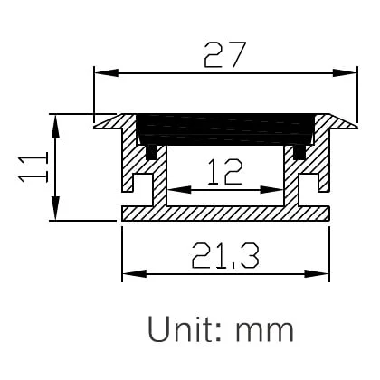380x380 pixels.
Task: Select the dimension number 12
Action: point(223,170)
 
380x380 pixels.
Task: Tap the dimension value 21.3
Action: point(224,257)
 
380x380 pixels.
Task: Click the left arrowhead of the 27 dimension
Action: point(101,72)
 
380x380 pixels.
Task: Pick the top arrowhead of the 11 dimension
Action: point(57,121)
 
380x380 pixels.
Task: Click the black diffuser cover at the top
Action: point(226,129)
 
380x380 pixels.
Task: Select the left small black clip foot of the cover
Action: point(151,153)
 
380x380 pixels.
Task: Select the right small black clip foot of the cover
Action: point(300,153)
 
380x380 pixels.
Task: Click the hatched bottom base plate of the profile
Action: point(226,213)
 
